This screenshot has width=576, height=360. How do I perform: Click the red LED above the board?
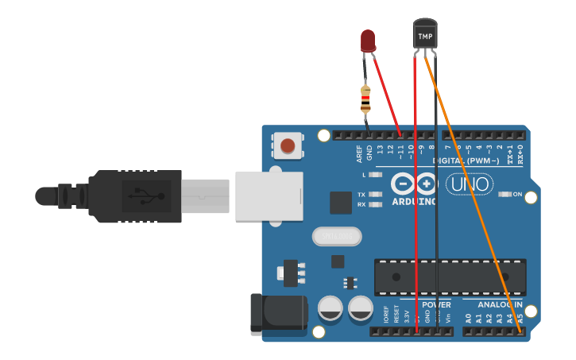tap(368, 41)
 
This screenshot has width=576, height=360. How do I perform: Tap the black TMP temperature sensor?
tap(425, 35)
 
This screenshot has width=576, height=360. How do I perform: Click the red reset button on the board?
tap(288, 145)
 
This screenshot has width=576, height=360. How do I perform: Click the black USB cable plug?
tap(135, 195)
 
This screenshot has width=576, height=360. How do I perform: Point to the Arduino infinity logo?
tap(415, 184)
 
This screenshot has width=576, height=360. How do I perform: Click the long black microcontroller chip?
tap(450, 276)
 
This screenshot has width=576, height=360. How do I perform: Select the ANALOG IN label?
tap(499, 304)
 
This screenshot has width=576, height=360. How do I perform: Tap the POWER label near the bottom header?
tap(436, 304)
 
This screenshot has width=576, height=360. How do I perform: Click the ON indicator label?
tap(517, 194)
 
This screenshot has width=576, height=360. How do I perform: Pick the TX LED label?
tap(361, 195)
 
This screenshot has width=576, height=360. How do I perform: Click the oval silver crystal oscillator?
tap(337, 236)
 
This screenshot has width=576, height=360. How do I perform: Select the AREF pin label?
tap(359, 153)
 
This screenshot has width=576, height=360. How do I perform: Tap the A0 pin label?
tap(469, 318)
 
